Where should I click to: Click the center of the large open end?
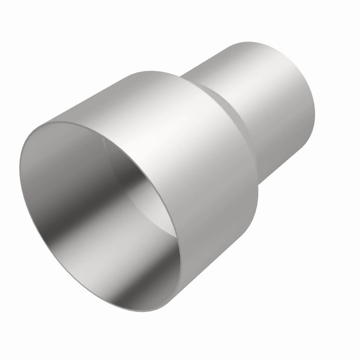(x=100, y=216)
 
